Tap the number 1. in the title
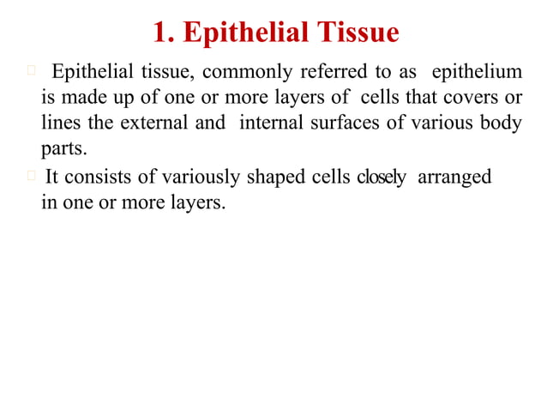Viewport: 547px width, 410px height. (x=164, y=33)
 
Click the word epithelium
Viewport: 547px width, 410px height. (x=475, y=69)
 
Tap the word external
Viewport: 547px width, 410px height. (x=153, y=123)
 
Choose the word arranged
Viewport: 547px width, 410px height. (x=454, y=178)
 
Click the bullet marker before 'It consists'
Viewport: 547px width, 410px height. (x=31, y=177)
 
